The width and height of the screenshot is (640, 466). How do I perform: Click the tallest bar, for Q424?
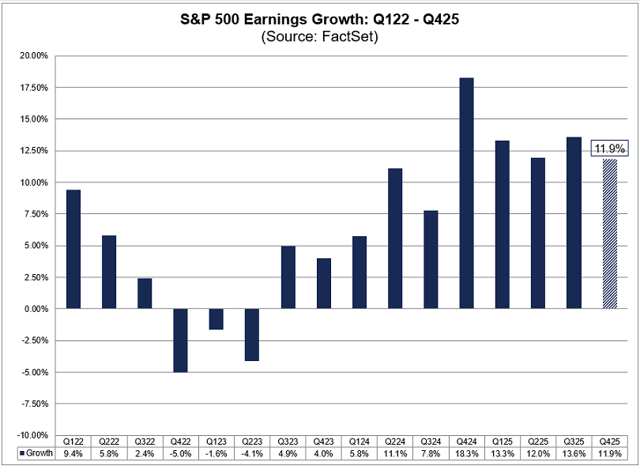466,193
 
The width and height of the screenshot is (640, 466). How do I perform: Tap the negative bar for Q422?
180,340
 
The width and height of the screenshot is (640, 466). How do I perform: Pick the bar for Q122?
73,249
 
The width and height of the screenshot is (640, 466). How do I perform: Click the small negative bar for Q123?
216,318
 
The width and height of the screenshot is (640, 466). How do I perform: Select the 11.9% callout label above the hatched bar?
608,148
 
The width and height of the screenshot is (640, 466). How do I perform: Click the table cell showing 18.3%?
466,454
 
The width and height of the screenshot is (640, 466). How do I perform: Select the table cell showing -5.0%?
180,454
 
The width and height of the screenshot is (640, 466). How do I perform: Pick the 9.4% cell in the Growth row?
73,454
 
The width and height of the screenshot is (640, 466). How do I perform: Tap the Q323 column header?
288,442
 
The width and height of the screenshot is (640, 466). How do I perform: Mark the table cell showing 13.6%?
574,454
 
